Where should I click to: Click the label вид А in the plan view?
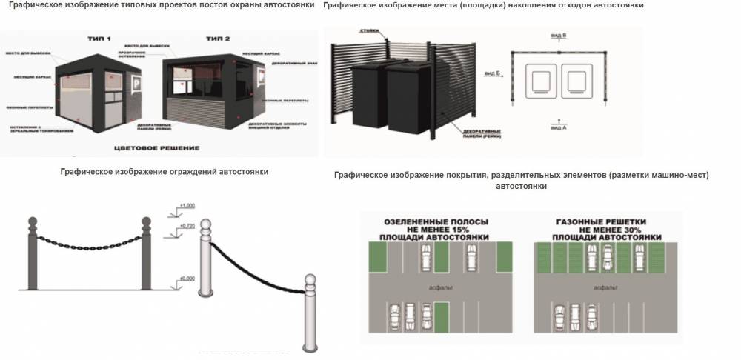pyautogui.click(x=556, y=127)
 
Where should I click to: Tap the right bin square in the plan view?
pyautogui.click(x=579, y=80)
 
